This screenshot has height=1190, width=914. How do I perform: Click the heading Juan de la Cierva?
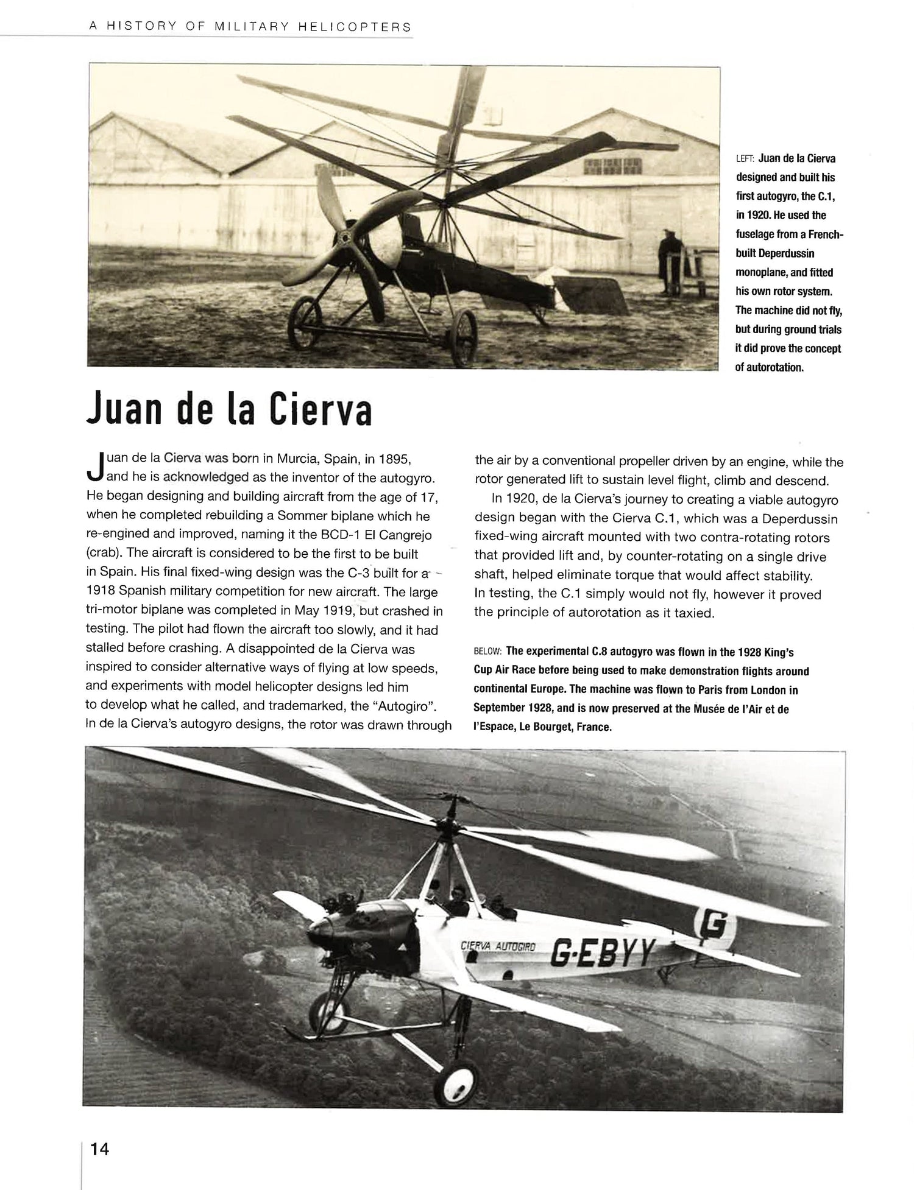(228, 409)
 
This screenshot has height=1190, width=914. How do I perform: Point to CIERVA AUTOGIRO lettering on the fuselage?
(498, 946)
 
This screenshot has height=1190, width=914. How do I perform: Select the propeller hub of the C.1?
(349, 239)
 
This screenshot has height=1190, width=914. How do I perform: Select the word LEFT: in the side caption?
(745, 159)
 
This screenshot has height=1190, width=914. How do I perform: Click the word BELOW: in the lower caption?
(487, 652)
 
